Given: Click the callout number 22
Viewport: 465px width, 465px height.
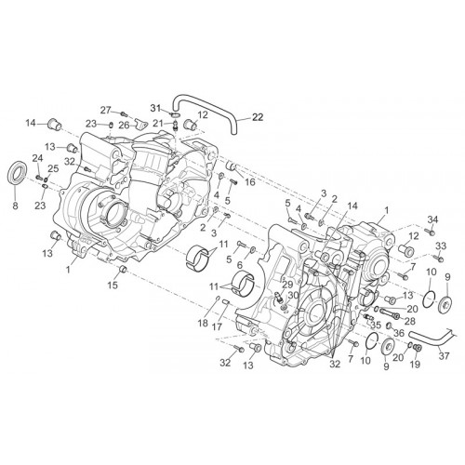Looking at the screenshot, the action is click(258, 117).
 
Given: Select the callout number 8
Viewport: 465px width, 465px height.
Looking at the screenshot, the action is click(15, 206).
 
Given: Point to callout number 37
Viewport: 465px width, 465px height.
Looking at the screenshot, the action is click(444, 356).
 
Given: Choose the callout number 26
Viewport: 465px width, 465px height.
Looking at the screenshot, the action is click(125, 126).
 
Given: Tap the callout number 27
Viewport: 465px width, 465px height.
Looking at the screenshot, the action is click(106, 110).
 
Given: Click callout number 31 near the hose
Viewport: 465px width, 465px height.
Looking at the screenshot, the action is click(156, 108).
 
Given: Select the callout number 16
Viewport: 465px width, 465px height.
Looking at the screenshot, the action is click(250, 182).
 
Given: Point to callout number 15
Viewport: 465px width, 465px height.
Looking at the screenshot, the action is click(113, 285).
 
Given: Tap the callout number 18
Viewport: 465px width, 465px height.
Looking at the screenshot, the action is click(203, 324).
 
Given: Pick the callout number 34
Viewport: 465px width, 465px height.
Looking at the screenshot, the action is click(432, 219).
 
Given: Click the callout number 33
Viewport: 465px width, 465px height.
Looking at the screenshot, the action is click(441, 246).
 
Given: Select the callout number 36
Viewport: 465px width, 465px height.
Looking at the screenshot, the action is click(399, 333).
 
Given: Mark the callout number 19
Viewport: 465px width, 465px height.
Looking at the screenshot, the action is click(415, 365).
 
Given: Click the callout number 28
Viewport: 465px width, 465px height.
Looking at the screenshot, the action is click(409, 321).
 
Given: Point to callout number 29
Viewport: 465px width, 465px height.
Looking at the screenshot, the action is click(287, 285).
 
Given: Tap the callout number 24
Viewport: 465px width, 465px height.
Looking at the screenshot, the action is click(37, 158).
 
